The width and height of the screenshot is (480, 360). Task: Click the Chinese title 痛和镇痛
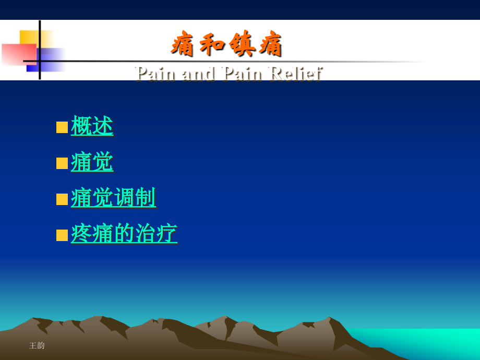(x=226, y=44)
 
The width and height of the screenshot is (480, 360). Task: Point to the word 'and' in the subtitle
(x=198, y=73)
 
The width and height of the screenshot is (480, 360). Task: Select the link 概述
(x=92, y=126)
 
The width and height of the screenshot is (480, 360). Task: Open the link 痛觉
(x=92, y=162)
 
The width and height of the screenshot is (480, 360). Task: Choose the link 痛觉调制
(x=113, y=198)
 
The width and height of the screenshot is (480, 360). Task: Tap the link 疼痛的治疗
(x=124, y=233)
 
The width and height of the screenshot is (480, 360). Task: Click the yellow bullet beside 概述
(x=62, y=127)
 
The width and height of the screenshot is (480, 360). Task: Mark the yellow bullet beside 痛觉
(x=62, y=163)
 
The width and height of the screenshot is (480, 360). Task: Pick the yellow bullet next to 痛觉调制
(x=62, y=199)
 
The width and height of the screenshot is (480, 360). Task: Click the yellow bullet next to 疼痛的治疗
(x=62, y=235)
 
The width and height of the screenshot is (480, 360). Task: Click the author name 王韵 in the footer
(x=37, y=345)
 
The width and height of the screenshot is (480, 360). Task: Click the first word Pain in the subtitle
(x=155, y=73)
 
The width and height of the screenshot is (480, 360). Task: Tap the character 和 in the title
(x=212, y=44)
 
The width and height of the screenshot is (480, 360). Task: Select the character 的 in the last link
(x=124, y=233)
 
